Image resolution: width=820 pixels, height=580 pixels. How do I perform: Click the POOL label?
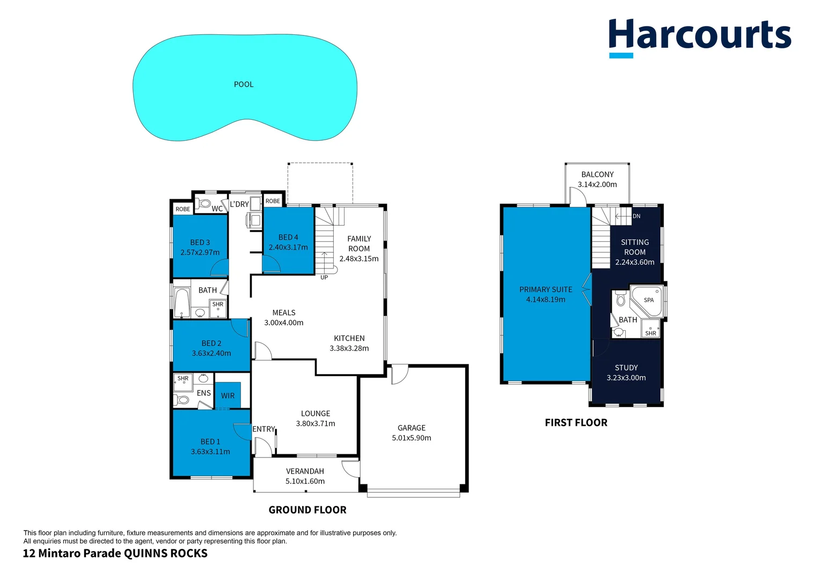point(244,84)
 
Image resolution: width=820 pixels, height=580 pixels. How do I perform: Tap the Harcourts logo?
point(699,37)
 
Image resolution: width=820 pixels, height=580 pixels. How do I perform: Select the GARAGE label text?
point(412,428)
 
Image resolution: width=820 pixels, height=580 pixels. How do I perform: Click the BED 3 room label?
point(200,243)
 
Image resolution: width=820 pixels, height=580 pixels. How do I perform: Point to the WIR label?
point(228,396)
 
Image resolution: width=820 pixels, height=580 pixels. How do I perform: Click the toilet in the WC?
point(203,204)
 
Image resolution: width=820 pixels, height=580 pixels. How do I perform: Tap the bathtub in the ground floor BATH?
point(182,302)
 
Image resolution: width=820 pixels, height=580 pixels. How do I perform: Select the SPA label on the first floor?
point(649,300)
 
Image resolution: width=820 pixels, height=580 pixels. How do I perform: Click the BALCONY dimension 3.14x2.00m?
point(597,185)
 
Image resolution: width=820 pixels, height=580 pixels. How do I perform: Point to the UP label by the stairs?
point(324,278)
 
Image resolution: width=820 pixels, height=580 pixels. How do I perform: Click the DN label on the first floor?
point(636,216)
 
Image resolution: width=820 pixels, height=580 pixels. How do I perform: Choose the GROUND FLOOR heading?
point(307,510)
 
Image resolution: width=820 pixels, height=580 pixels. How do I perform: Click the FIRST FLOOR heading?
point(576,423)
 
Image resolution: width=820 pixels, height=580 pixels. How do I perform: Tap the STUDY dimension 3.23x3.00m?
point(626,378)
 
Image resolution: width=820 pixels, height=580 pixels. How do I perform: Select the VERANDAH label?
point(305,472)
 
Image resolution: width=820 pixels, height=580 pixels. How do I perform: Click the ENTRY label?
point(263,429)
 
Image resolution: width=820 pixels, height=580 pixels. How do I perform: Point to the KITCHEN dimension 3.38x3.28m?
point(349,349)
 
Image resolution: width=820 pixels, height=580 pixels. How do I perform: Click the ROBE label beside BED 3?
point(183,209)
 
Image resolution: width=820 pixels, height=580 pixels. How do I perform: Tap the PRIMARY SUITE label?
point(546,289)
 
